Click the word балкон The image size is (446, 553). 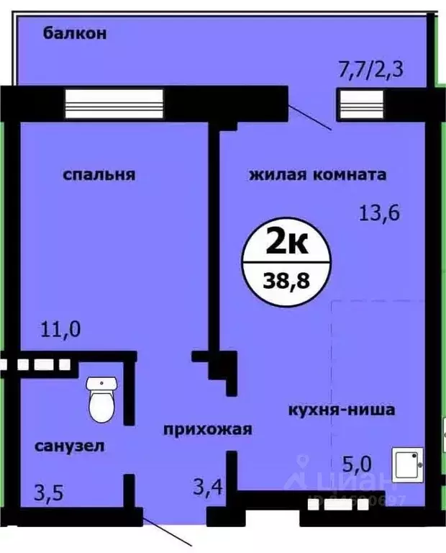75,32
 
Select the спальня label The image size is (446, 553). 99,174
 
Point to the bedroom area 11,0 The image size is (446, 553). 60,331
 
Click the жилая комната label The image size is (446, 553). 318,174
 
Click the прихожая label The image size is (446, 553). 207,430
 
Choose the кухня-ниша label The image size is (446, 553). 341,411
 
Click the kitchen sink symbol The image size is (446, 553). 407,464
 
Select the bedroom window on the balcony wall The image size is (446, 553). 114,102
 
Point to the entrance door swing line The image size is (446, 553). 168,529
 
